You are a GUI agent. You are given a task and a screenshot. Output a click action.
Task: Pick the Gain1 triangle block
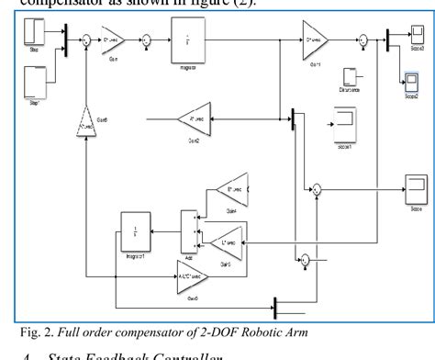[314, 40]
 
